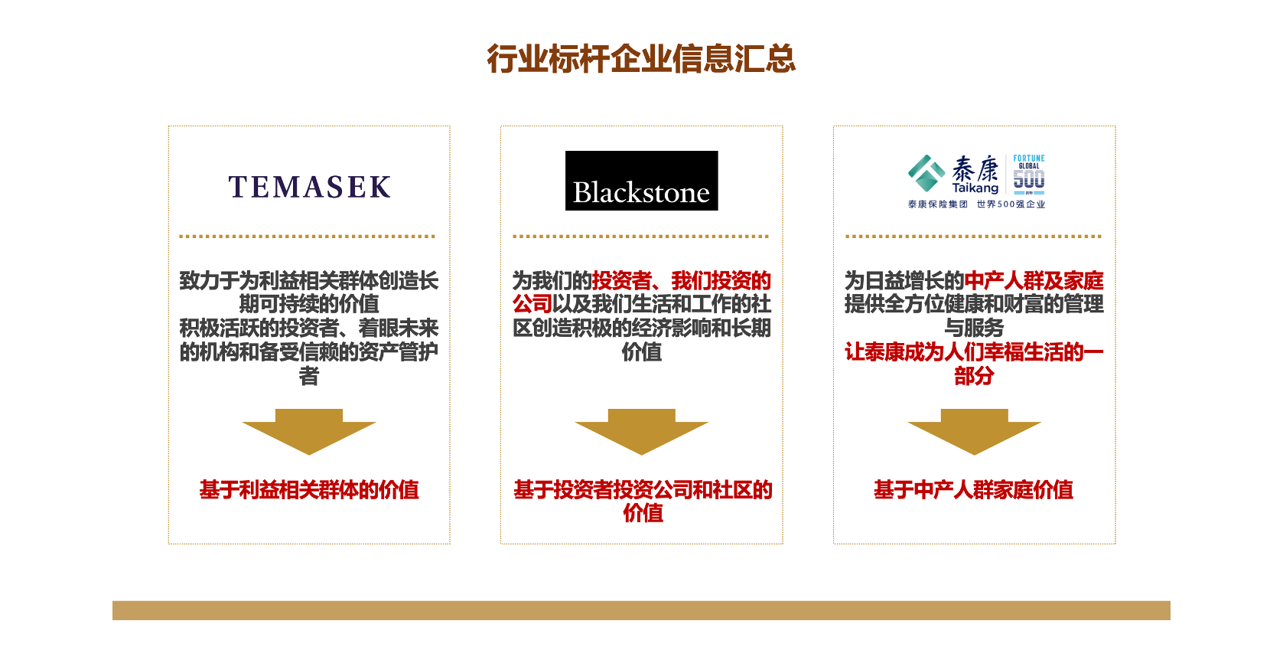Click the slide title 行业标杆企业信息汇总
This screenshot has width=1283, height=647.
point(641,59)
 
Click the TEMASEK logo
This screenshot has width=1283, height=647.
point(309,187)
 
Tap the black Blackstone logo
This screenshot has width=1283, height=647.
point(641,181)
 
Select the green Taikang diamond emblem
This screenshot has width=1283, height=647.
point(926,173)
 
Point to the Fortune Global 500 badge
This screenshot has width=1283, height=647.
point(1028,174)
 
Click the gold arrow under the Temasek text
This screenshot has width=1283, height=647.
point(309,431)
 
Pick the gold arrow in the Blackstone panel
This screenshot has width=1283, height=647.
point(641,431)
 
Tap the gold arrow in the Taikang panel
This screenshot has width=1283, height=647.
point(974,431)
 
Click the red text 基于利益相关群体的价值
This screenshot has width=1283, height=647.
point(309,490)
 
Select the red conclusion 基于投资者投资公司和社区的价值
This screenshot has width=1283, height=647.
point(643,501)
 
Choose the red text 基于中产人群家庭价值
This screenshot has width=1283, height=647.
point(973,490)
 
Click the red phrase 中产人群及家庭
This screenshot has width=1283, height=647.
point(1034,281)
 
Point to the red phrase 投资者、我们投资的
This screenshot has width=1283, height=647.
point(681,281)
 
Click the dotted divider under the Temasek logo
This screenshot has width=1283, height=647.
point(308,237)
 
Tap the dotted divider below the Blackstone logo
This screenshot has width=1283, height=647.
point(641,237)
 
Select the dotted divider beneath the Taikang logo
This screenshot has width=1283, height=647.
point(973,237)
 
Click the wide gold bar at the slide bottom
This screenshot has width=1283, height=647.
point(641,610)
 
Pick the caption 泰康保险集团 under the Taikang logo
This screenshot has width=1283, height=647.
point(937,204)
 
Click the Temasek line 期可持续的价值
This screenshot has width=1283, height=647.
point(309,304)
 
